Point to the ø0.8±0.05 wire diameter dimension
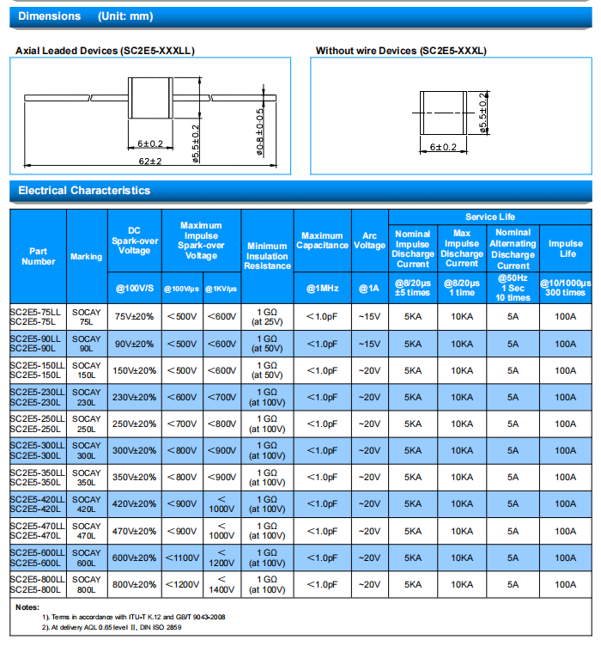260,133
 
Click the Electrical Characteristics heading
84,191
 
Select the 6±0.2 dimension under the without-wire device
443,148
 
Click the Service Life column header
490,216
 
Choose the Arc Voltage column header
369,241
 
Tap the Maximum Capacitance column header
322,241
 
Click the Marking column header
86,257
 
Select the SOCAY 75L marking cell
86,316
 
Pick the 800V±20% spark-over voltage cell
134,584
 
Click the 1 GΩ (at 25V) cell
267,316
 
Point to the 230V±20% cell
134,397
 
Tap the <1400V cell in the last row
222,584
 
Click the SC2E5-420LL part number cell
37,499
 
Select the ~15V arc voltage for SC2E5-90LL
369,344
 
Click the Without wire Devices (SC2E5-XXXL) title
401,51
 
